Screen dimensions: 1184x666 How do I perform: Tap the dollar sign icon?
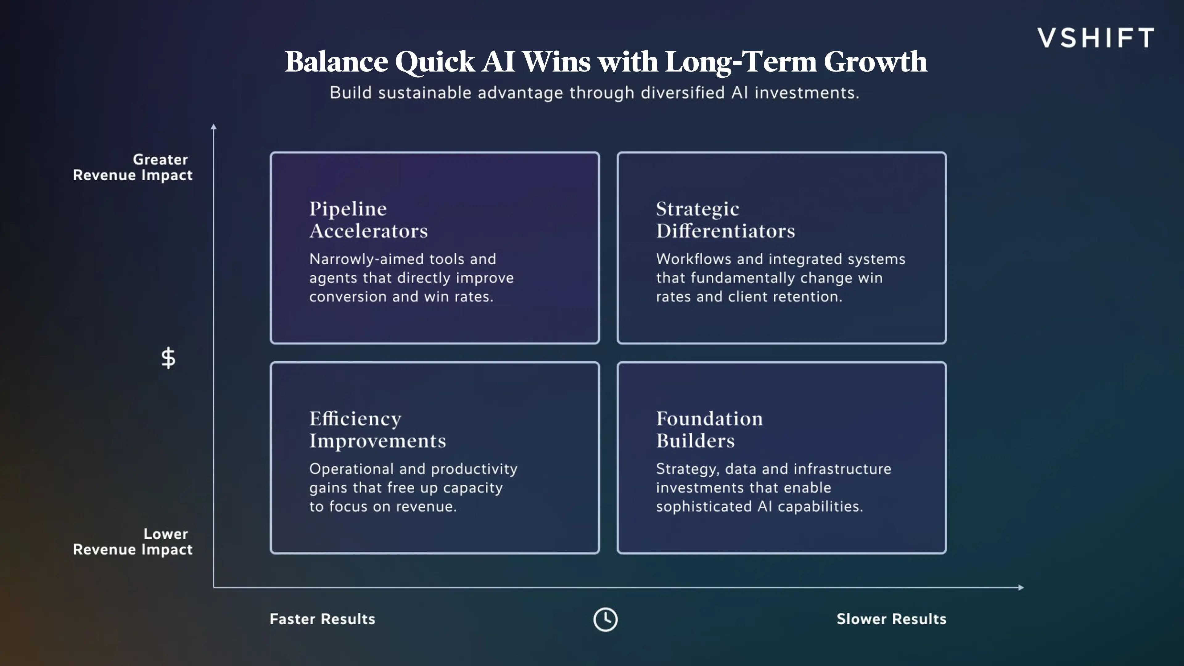[168, 358]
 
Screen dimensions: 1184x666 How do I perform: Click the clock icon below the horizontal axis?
[605, 619]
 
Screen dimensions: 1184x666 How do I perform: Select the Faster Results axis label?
[322, 619]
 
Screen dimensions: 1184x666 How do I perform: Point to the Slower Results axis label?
[891, 619]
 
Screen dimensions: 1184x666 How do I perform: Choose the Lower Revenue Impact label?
[133, 541]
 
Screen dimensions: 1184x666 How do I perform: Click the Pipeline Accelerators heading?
[368, 220]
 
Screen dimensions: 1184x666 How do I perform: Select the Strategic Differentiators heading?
[725, 220]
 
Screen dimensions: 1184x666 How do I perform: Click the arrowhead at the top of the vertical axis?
[213, 127]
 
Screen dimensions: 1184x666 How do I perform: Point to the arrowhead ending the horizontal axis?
[1021, 587]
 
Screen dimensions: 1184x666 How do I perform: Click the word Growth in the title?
[875, 62]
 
